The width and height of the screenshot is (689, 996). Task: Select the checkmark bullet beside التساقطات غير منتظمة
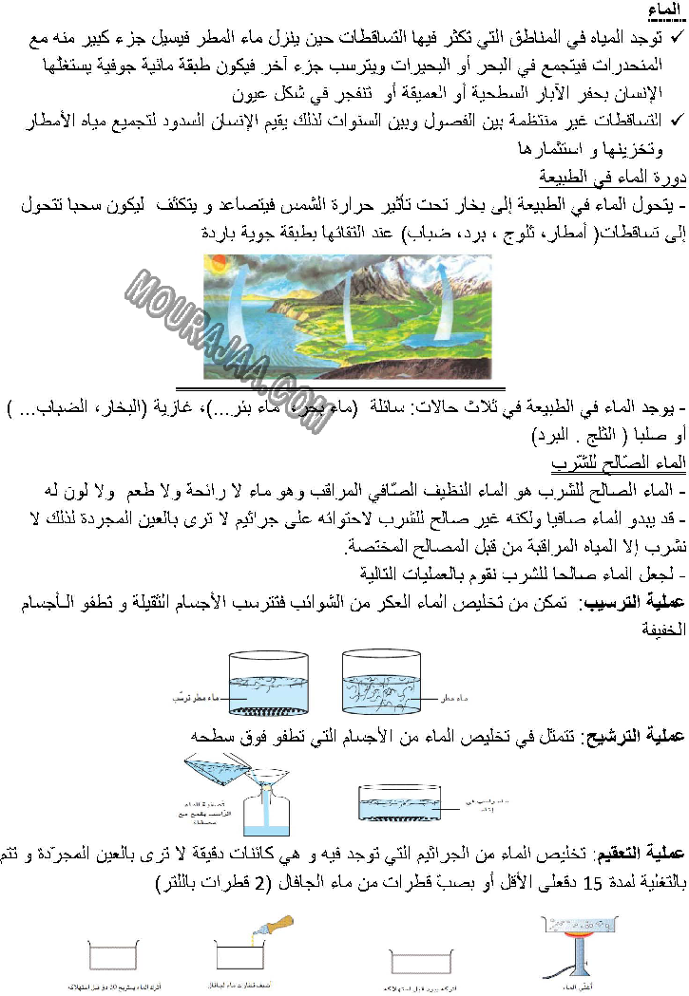point(677,120)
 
